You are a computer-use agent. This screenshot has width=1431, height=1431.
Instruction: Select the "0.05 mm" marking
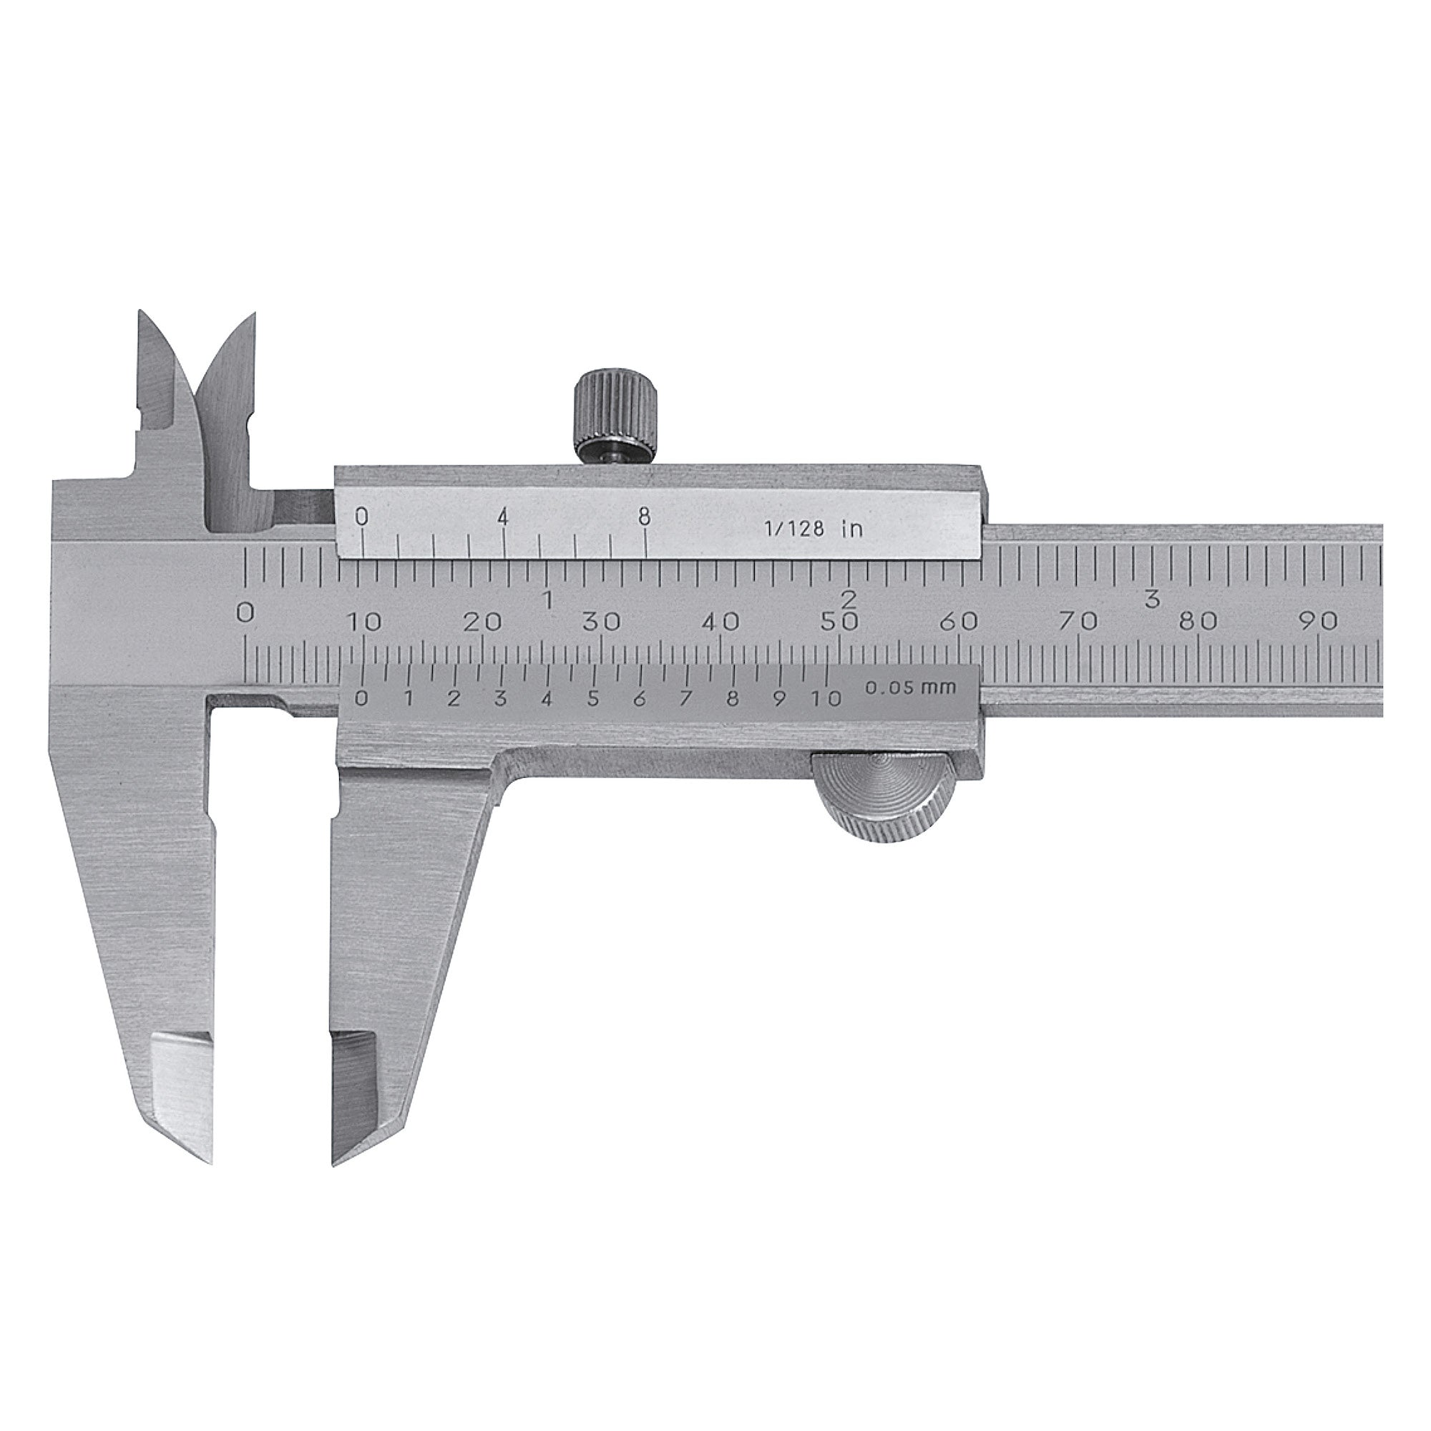(910, 688)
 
